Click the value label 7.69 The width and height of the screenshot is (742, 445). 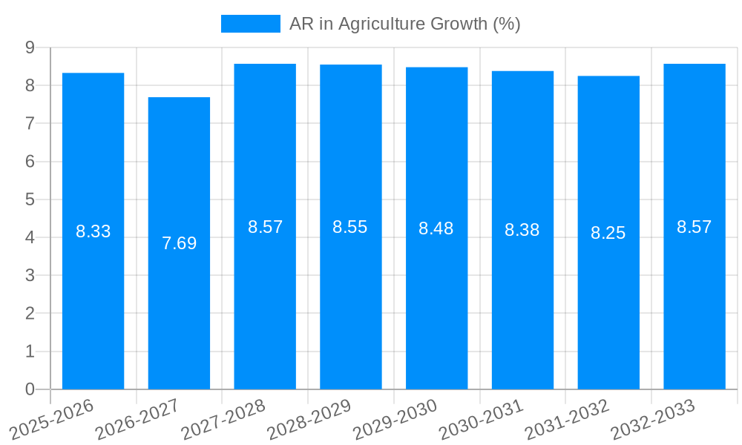(179, 243)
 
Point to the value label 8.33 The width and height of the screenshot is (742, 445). (93, 231)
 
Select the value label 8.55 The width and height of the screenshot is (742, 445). (350, 227)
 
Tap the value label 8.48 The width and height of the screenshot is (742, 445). (436, 228)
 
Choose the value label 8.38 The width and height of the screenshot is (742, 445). (522, 230)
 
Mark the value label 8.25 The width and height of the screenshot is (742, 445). (608, 233)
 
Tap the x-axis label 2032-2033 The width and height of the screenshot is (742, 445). (654, 419)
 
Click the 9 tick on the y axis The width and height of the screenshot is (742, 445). (30, 47)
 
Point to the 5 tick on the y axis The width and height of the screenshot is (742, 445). (30, 200)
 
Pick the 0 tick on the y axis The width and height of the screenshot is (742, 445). (30, 389)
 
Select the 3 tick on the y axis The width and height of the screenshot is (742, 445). (30, 275)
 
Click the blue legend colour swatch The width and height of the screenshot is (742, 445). (251, 24)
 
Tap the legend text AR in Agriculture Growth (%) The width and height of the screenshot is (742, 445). (405, 24)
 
